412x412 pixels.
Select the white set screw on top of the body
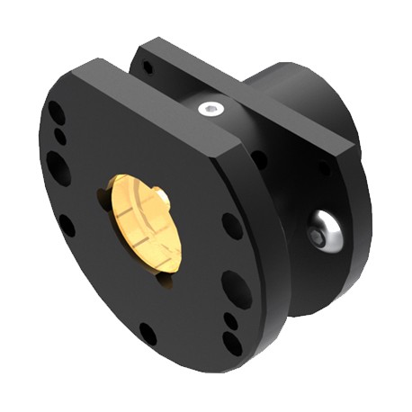pos(210,110)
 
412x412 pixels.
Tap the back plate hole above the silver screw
pos(324,168)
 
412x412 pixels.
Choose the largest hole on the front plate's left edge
pos(58,168)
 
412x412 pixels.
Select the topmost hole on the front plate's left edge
pos(56,114)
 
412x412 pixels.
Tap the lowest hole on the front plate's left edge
pos(68,225)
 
